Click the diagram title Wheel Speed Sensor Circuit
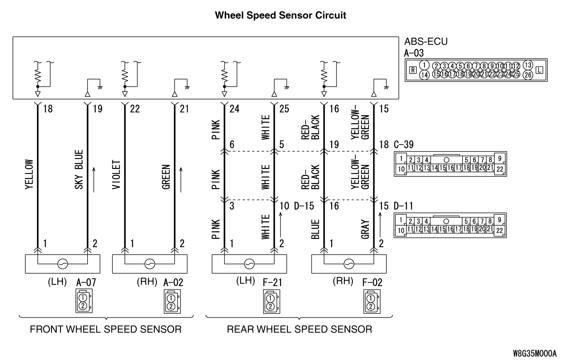pos(280,15)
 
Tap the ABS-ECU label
pos(426,41)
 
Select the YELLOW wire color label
pos(29,175)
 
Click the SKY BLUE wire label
pos(79,169)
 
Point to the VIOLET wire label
pos(116,175)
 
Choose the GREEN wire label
pos(166,177)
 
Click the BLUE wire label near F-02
pos(315,229)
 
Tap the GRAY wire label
pos(365,229)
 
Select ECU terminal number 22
pos(135,109)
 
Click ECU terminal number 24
pos(234,109)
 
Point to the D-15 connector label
pos(304,206)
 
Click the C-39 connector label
pos(404,145)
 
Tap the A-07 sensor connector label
pos(86,282)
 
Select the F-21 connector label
pos(273,282)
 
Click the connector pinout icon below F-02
pos(372,301)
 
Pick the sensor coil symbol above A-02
pos(149,263)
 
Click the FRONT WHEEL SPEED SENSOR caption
pos(105,329)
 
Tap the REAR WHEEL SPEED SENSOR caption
pos(299,329)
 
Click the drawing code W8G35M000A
pos(535,353)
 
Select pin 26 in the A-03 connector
pos(528,75)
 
